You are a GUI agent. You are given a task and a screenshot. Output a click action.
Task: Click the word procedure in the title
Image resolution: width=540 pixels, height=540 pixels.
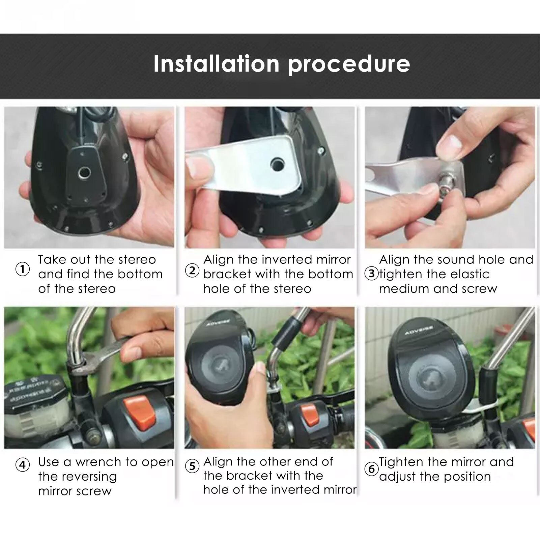click(349, 64)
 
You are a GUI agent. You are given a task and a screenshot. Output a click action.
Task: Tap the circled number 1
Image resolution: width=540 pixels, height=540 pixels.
click(23, 270)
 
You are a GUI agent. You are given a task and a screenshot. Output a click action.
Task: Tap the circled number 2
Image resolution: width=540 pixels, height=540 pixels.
click(192, 271)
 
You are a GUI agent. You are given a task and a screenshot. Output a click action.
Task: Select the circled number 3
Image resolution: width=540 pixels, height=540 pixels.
click(371, 274)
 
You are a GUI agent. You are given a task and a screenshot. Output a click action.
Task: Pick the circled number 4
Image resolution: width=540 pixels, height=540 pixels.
click(23, 465)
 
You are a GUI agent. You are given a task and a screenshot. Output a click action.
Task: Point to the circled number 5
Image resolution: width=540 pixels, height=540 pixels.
click(192, 466)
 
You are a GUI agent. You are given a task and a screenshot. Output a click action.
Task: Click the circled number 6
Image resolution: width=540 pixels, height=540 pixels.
click(371, 469)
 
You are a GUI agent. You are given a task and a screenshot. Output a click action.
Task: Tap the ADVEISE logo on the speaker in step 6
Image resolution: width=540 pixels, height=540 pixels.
click(419, 331)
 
